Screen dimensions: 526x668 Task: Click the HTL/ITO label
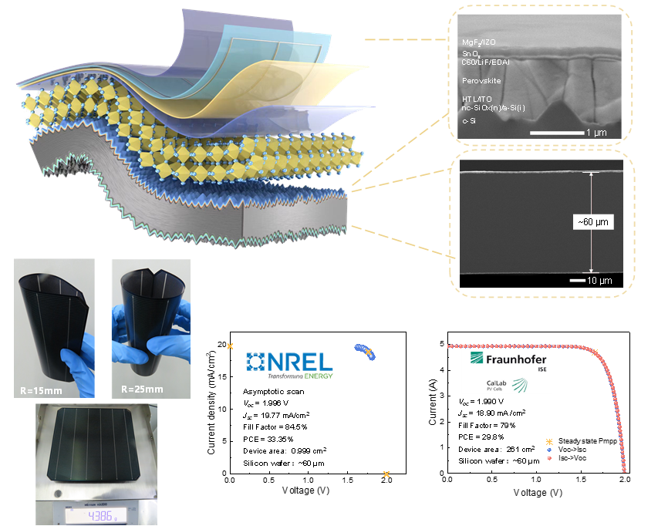(x=471, y=99)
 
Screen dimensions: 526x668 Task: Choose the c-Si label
(x=467, y=120)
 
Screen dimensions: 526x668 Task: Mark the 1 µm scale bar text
(x=599, y=133)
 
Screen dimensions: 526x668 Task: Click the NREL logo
(x=289, y=363)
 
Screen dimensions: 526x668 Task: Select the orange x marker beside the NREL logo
(x=230, y=347)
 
